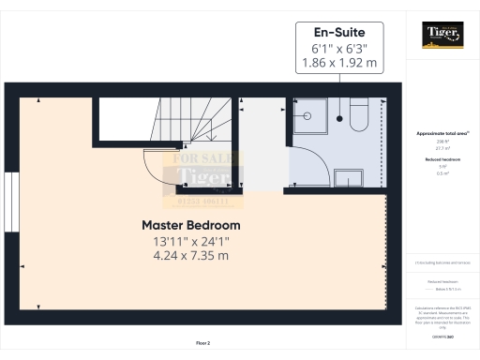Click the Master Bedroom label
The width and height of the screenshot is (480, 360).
click(x=190, y=225)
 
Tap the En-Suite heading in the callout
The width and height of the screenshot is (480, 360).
click(x=338, y=31)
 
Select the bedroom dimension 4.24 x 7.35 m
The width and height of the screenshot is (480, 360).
click(x=190, y=257)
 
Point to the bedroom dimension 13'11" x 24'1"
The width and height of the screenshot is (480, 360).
click(x=190, y=241)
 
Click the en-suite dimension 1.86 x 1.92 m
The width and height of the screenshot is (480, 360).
click(x=338, y=64)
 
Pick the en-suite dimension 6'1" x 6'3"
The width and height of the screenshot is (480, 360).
click(x=338, y=48)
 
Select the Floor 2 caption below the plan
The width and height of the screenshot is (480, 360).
click(x=202, y=344)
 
